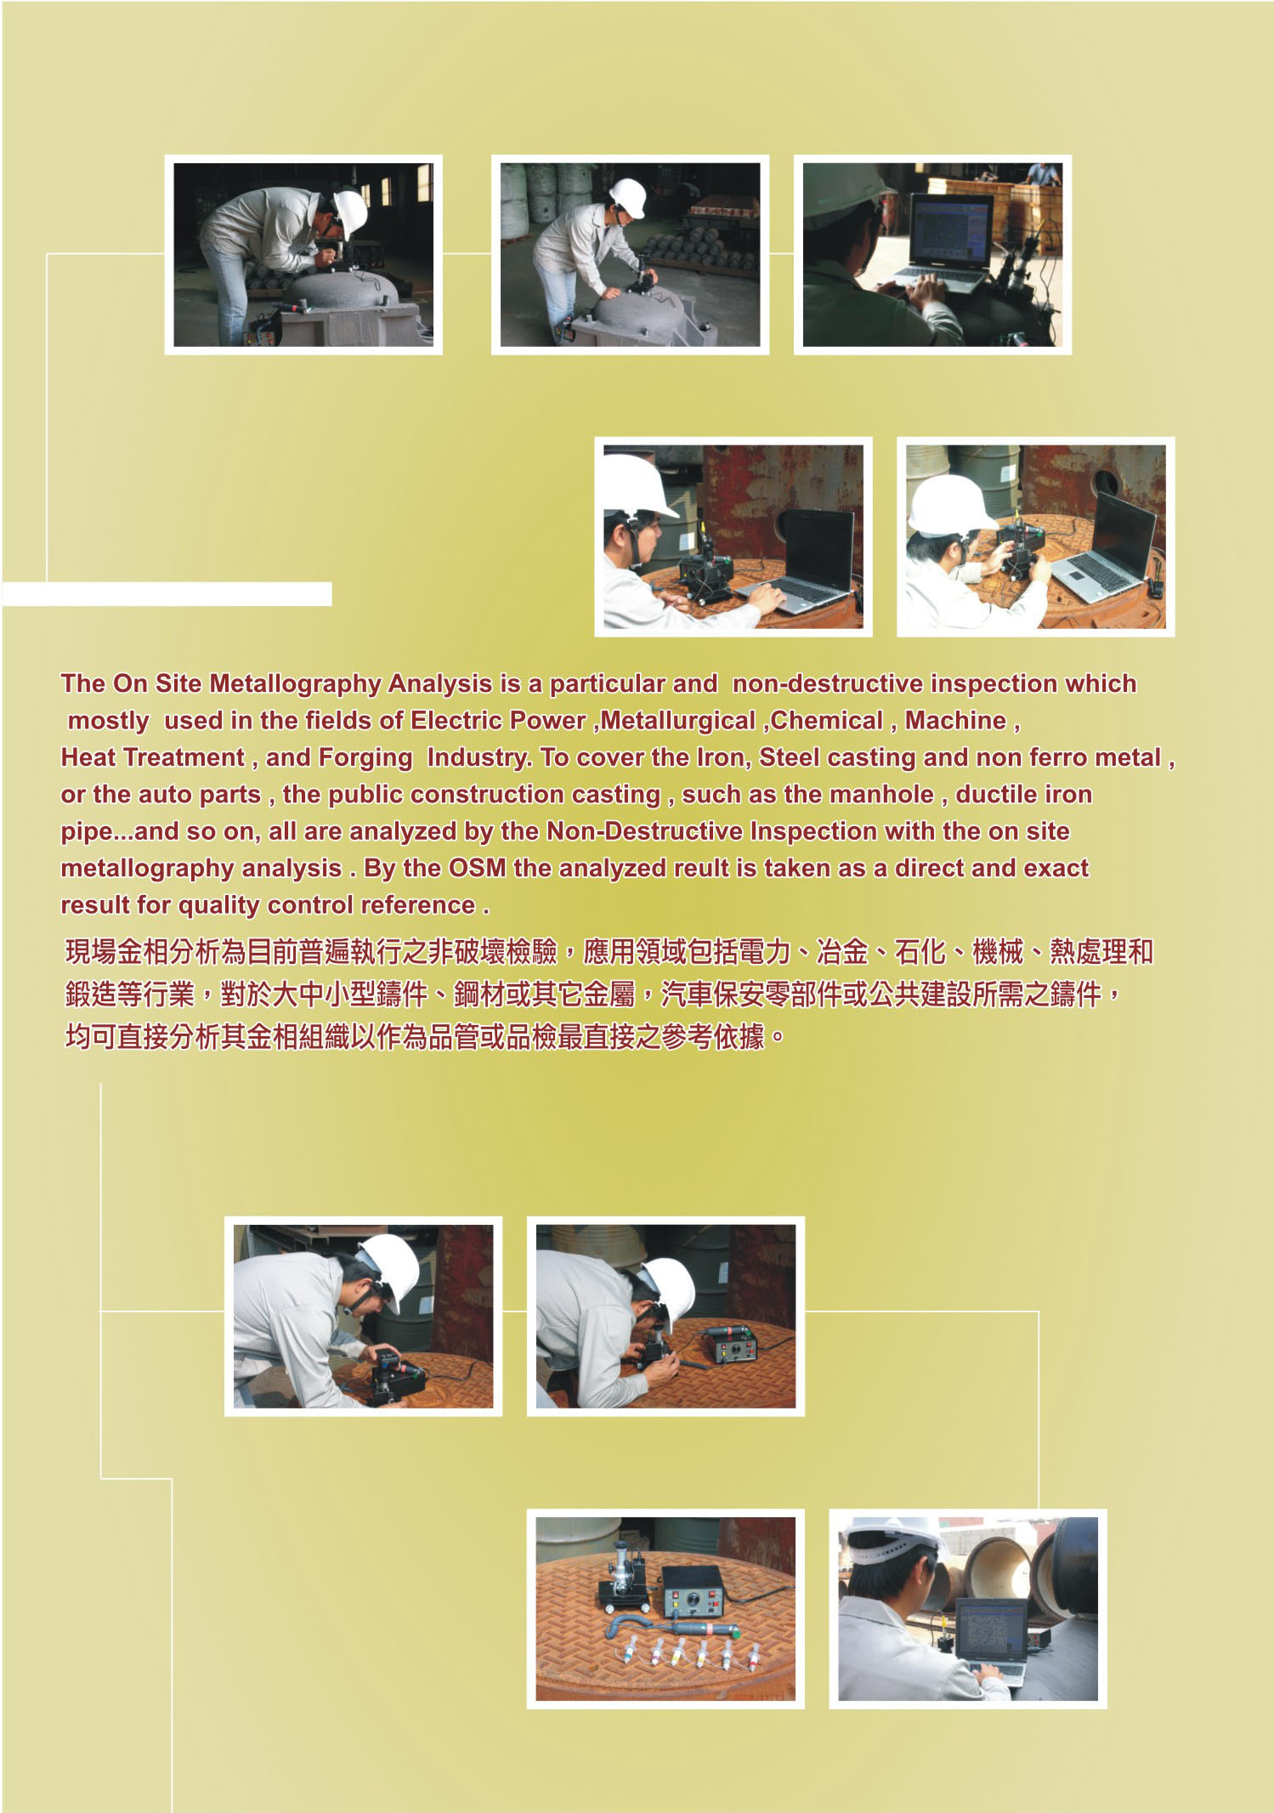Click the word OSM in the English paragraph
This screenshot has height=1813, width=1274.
coord(477,868)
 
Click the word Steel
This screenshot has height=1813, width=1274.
coord(790,757)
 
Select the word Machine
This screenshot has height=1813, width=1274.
coord(955,721)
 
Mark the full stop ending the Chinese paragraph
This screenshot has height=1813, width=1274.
coord(774,1040)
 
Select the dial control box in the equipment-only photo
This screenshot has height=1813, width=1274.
coord(693,1590)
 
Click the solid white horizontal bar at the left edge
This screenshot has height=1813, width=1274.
coord(167,594)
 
